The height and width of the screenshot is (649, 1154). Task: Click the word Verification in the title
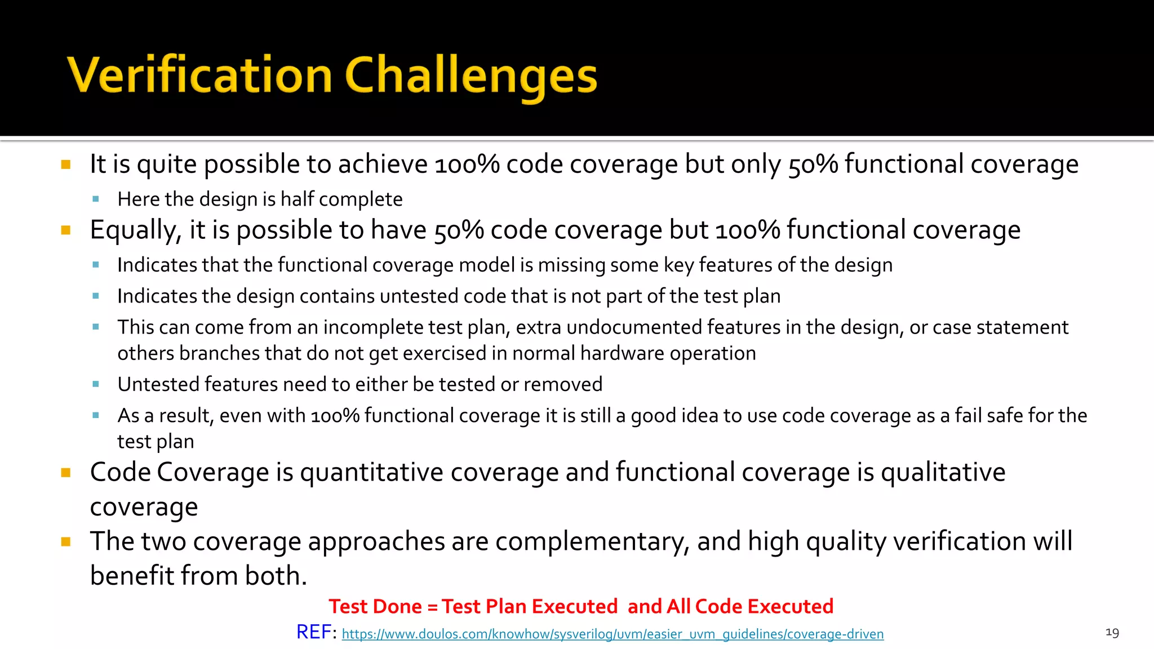pos(199,76)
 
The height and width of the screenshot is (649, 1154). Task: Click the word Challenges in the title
pos(471,76)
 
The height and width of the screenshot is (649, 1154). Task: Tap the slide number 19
pos(1112,633)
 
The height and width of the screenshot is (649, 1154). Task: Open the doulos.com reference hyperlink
pos(612,634)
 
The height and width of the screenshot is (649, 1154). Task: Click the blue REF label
pos(314,632)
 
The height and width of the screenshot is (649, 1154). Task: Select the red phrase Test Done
pos(375,607)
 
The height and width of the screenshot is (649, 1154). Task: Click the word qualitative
pos(943,472)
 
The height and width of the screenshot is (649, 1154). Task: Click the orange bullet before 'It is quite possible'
pos(66,165)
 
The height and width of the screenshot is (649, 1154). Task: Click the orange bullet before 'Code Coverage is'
pos(66,473)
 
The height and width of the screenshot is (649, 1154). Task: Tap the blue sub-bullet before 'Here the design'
pos(96,199)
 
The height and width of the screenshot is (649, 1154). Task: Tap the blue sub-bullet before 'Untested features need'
pos(96,384)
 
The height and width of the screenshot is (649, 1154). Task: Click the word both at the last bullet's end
pos(274,576)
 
